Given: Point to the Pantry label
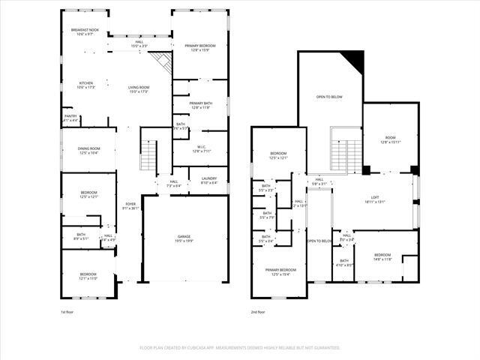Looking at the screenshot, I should [x=70, y=118].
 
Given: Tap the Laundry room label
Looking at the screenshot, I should [x=208, y=181].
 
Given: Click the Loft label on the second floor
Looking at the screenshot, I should [x=375, y=199].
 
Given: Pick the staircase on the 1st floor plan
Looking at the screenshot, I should [x=149, y=155].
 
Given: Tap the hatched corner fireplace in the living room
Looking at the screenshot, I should [x=162, y=62].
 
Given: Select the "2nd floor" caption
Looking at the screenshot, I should [x=259, y=311].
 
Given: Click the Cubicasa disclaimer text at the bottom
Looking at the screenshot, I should [x=240, y=348].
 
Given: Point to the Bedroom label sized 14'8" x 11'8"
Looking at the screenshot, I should [x=382, y=256].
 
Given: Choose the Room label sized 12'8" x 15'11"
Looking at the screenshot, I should [x=390, y=139].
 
